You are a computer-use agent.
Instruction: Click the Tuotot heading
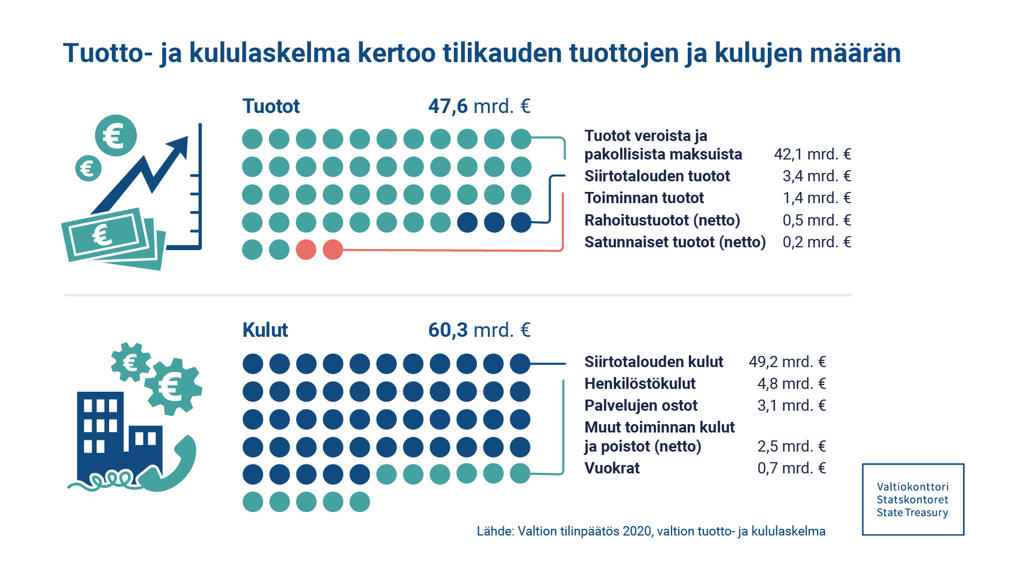(271, 106)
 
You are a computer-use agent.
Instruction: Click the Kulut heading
(265, 330)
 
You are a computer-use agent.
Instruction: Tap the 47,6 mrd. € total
(479, 106)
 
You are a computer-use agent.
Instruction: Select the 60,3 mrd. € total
(479, 330)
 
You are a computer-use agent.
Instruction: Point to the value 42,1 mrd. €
(812, 154)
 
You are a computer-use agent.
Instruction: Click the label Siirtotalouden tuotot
(657, 176)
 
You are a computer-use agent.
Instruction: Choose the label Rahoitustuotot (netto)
(662, 220)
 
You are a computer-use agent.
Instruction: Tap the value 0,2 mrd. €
(816, 242)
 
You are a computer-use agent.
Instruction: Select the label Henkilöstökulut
(640, 384)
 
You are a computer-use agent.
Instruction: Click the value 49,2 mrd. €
(787, 362)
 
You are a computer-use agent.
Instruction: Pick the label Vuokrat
(612, 468)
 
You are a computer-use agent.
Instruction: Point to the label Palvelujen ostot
(641, 406)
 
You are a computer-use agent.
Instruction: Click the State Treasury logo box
(913, 500)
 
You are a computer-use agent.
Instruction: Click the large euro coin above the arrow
(116, 135)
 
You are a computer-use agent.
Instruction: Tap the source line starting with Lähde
(651, 531)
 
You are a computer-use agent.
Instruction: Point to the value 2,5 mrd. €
(791, 447)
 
